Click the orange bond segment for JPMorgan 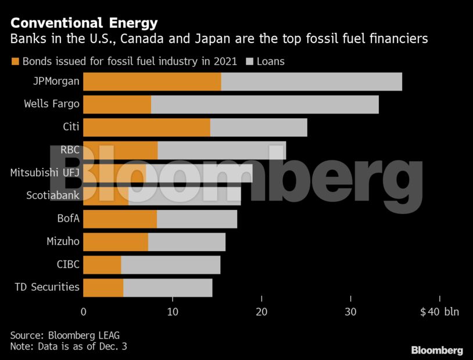[152, 82]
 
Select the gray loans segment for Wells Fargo [264, 105]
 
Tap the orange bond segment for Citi [146, 127]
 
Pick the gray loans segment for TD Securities [167, 287]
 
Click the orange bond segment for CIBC [102, 265]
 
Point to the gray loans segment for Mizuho [187, 241]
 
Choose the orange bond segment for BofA [120, 219]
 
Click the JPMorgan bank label [56, 82]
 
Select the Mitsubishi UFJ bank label [45, 173]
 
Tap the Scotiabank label [53, 195]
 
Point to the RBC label [70, 150]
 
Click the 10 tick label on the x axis [173, 312]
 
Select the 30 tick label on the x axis [350, 312]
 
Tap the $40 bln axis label [439, 312]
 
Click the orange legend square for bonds [15, 61]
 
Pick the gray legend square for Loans [251, 61]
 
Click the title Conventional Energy [84, 23]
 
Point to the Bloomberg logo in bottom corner [437, 350]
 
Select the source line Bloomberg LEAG [69, 336]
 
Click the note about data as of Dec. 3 [69, 347]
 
